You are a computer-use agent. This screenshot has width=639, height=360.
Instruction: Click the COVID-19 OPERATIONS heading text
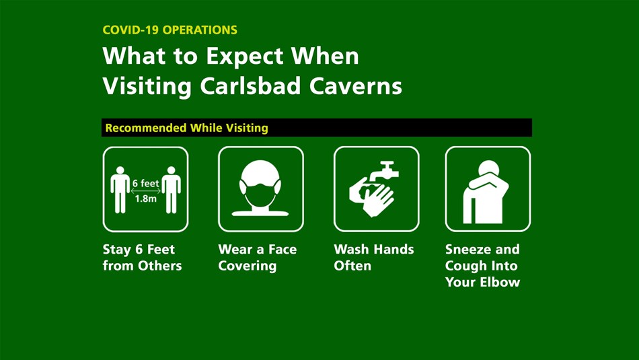[x=170, y=30]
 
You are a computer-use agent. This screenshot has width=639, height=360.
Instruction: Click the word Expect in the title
[x=245, y=56]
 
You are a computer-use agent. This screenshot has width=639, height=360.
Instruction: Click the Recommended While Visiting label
[x=186, y=128]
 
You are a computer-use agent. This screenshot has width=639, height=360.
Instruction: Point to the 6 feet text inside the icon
[x=145, y=183]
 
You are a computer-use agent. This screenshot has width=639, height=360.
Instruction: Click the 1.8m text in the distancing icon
[x=145, y=199]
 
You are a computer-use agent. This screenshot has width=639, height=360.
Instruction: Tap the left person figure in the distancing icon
[x=120, y=190]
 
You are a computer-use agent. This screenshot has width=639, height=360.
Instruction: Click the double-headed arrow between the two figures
[x=145, y=191]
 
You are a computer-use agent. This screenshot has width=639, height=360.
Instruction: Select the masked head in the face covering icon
[x=260, y=185]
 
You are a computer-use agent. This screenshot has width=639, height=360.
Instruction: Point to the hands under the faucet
[x=372, y=195]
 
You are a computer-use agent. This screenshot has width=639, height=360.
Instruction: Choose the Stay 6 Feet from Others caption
[x=142, y=258]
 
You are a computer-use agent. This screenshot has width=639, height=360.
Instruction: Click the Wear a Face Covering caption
[x=257, y=258]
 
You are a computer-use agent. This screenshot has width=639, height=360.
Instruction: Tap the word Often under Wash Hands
[x=352, y=266]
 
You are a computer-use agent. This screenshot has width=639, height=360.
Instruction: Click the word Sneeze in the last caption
[x=467, y=250]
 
